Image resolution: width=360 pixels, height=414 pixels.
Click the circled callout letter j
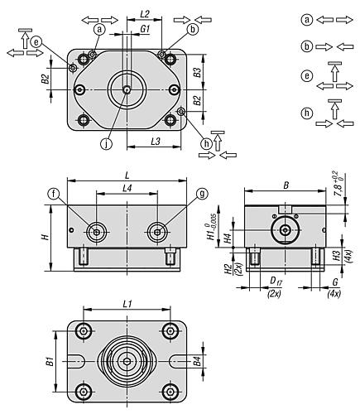click(106, 144)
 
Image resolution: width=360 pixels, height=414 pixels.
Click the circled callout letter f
click(54, 194)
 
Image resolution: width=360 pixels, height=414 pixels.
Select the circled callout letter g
click(202, 194)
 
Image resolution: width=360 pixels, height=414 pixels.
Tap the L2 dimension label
click(145, 14)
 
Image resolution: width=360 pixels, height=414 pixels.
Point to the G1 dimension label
click(145, 29)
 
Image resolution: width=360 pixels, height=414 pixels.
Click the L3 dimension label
click(156, 142)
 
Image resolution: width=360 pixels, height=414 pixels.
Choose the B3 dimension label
click(197, 72)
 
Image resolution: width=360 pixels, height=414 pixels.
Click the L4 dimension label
click(127, 189)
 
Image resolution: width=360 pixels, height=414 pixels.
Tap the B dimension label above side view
click(286, 185)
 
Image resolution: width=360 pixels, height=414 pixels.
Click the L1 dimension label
click(127, 304)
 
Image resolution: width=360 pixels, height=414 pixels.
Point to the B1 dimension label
click(50, 361)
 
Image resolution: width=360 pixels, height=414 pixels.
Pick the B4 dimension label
click(197, 361)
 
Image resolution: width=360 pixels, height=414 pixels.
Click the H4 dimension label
click(228, 238)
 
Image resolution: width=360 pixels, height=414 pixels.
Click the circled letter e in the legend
click(307, 75)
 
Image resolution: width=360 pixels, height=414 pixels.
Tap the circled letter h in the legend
click(307, 113)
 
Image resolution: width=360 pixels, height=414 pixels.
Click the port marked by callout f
click(97, 233)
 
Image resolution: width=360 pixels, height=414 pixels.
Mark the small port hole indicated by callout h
click(181, 112)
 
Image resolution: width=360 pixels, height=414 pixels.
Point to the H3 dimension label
click(336, 255)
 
